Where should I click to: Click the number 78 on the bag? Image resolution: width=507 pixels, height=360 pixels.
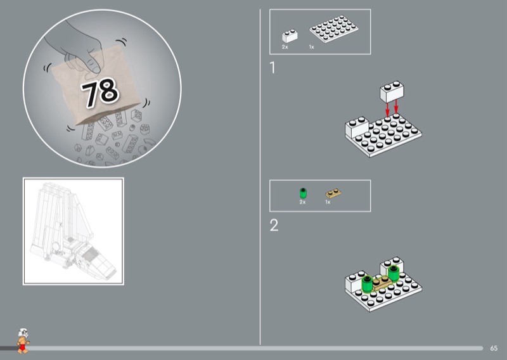click(100, 92)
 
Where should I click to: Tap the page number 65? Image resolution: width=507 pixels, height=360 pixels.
click(494, 349)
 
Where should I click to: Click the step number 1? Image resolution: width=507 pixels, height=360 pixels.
click(273, 68)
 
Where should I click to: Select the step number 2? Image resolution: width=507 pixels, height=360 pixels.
click(274, 225)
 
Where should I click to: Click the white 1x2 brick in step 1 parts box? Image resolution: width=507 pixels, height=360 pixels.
click(290, 36)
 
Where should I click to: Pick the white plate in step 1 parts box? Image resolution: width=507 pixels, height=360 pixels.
click(334, 29)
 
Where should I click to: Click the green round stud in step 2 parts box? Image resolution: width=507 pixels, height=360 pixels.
click(303, 193)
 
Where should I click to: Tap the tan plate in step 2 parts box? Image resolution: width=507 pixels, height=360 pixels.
click(333, 193)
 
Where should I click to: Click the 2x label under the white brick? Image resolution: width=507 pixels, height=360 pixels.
click(285, 48)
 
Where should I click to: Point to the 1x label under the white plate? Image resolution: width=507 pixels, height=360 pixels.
click(311, 48)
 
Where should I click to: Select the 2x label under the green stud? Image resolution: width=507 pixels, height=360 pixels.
click(302, 202)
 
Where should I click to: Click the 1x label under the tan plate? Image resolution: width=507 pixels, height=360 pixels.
click(328, 202)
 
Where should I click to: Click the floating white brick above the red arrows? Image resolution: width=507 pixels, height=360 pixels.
click(392, 91)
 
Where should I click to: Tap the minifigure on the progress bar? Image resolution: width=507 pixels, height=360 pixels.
click(23, 341)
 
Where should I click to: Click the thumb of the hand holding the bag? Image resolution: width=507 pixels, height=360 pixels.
click(94, 64)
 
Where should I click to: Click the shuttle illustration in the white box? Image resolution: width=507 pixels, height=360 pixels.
click(73, 227)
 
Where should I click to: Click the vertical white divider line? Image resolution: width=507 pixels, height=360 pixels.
click(260, 177)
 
